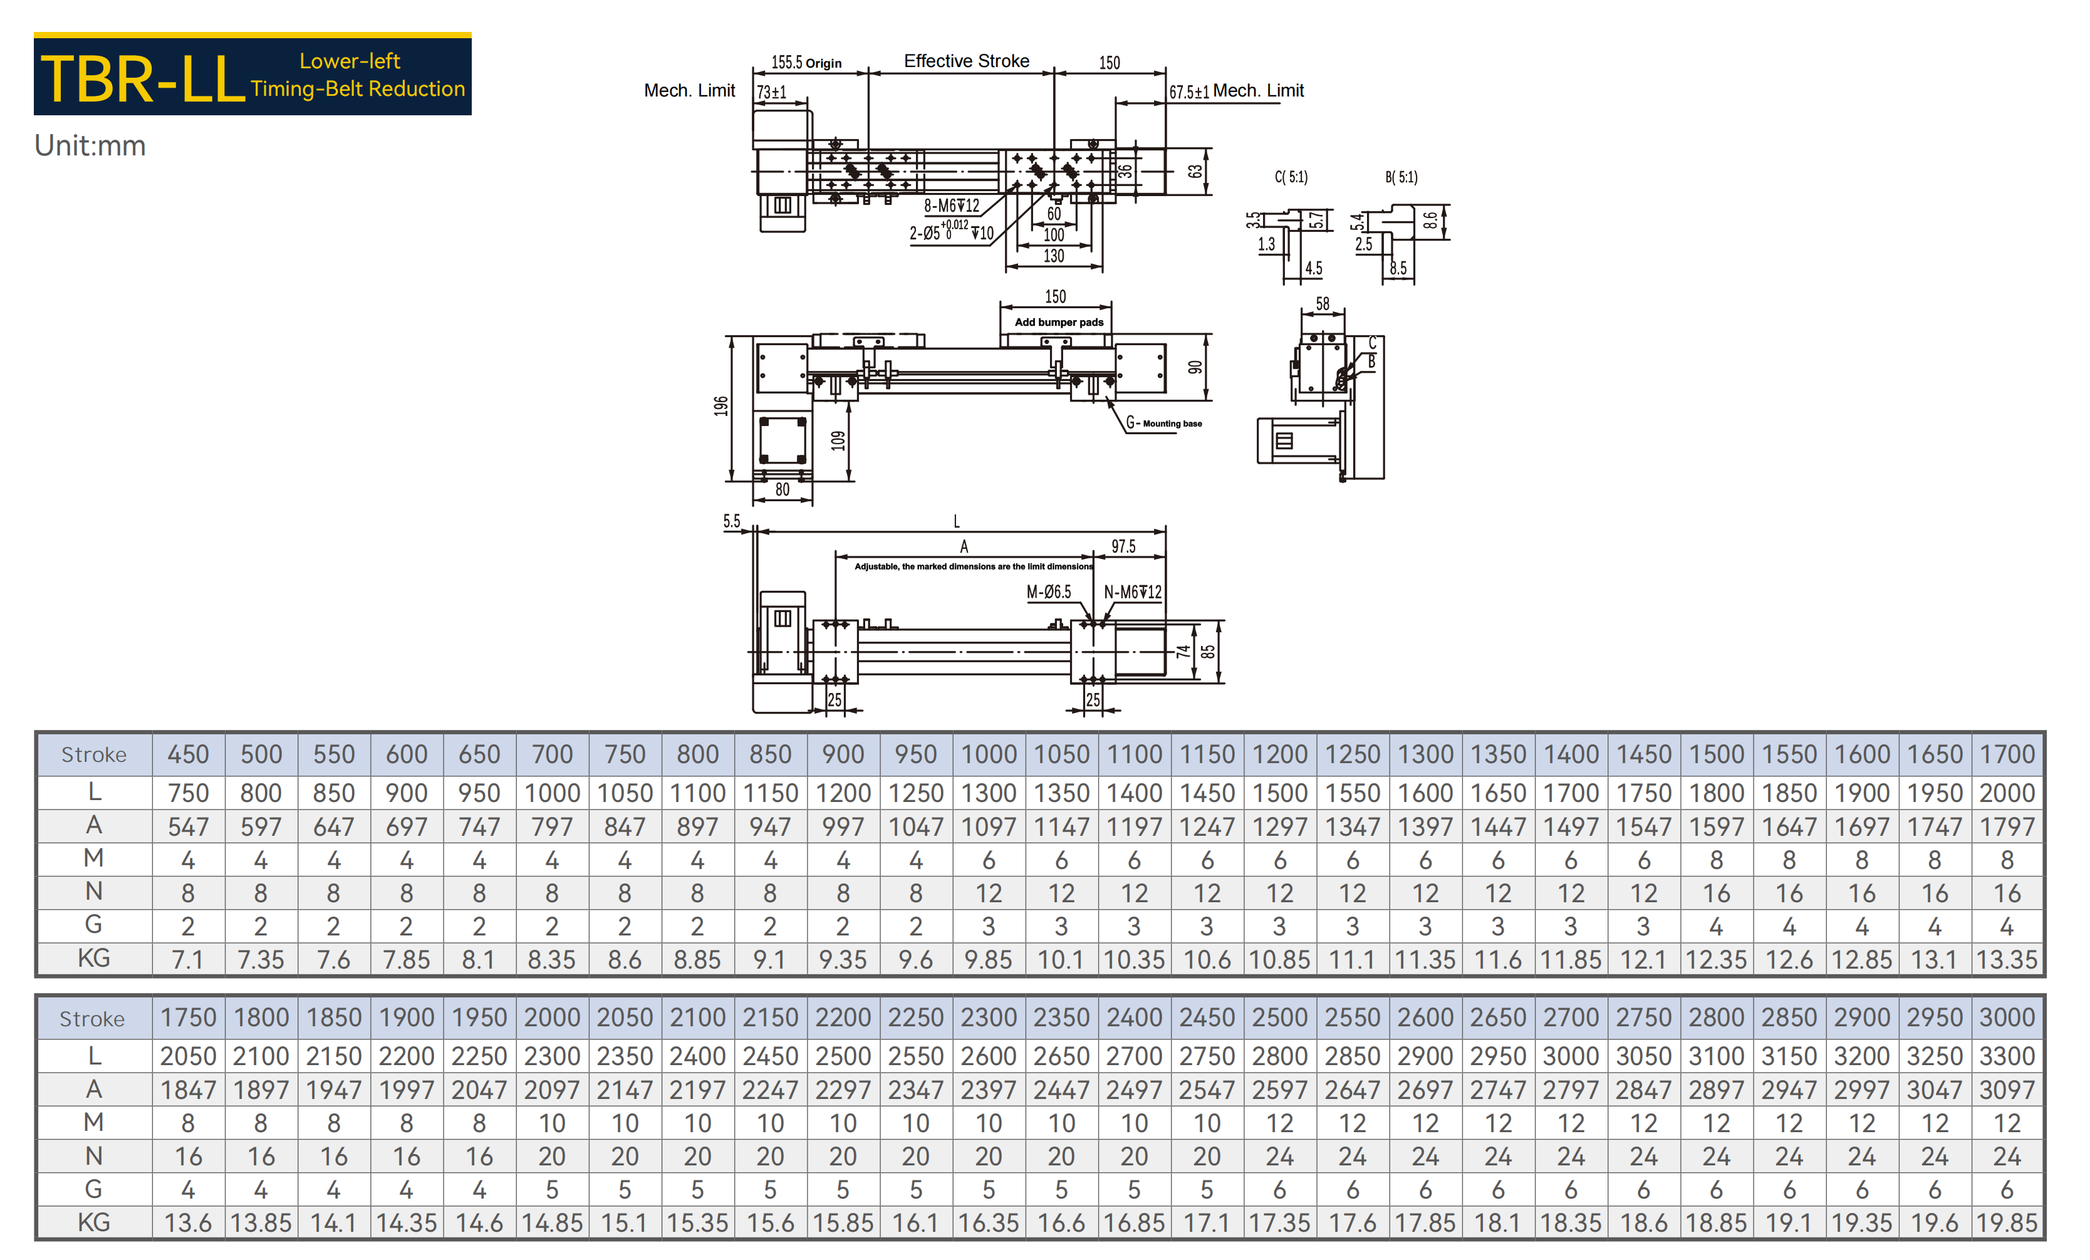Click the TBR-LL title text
tap(142, 80)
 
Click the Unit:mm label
tap(90, 146)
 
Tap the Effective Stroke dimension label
tap(966, 61)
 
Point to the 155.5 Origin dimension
tap(806, 63)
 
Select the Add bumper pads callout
tap(1059, 323)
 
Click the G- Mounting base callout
tap(1164, 422)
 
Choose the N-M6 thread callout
tap(1132, 592)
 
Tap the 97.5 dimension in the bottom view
tap(1123, 546)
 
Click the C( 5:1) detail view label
tap(1291, 177)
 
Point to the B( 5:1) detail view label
tap(1401, 177)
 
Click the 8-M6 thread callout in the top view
tap(951, 206)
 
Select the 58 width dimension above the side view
tap(1323, 304)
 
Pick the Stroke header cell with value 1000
tap(989, 754)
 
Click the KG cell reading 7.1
tap(189, 960)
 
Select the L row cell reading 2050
tap(189, 1056)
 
